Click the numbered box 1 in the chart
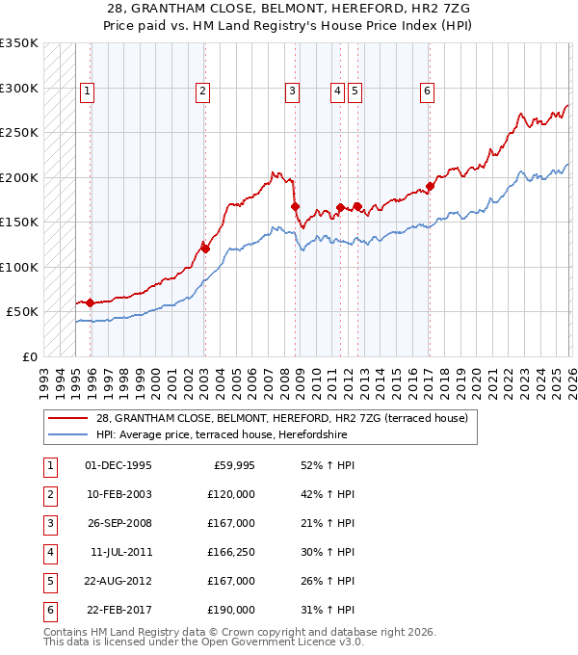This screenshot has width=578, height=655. [x=87, y=92]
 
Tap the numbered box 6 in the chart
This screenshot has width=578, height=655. [x=427, y=92]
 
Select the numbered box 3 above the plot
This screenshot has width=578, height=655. [x=291, y=92]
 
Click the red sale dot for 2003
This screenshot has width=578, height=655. [x=205, y=249]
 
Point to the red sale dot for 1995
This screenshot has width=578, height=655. [x=91, y=302]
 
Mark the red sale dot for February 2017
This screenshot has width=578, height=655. [x=430, y=186]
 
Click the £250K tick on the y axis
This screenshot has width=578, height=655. [x=19, y=133]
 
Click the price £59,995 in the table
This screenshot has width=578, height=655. [x=232, y=465]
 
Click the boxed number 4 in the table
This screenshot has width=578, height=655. [x=49, y=552]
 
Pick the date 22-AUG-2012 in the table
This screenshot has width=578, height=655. [x=118, y=581]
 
